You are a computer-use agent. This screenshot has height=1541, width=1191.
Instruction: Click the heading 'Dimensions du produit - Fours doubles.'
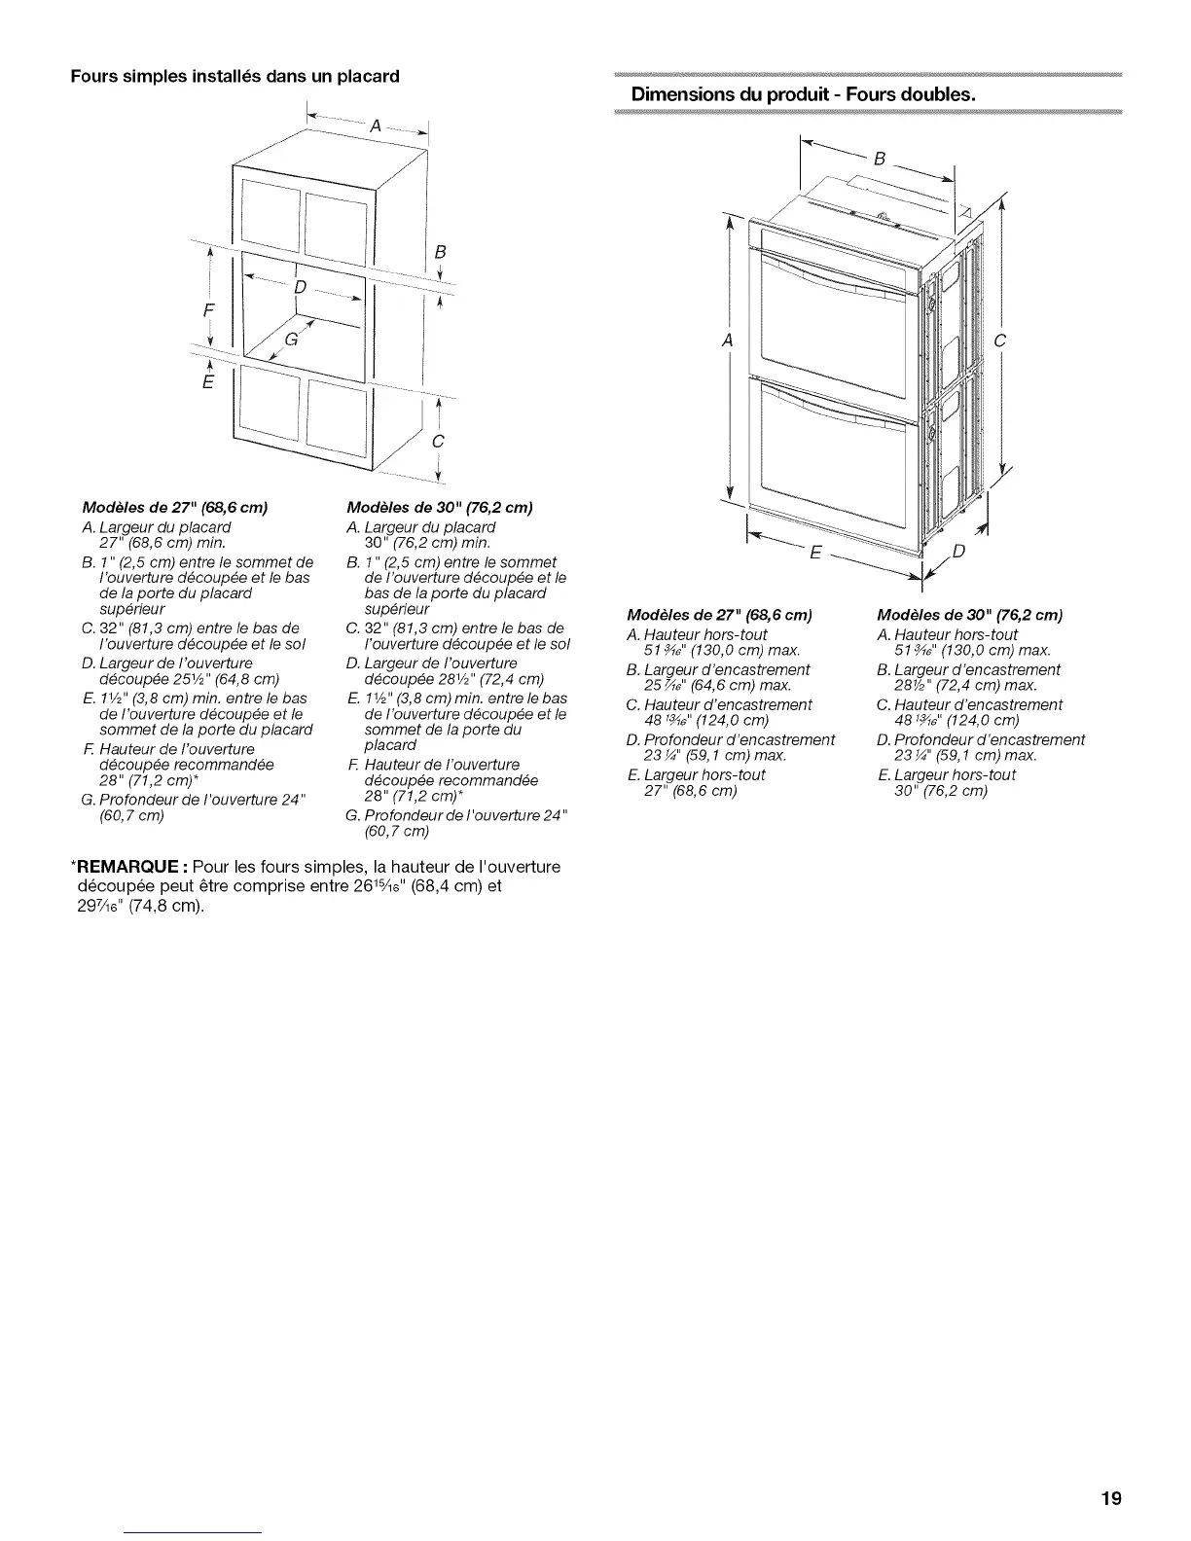803,95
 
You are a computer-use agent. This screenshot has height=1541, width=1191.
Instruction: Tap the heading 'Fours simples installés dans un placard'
235,75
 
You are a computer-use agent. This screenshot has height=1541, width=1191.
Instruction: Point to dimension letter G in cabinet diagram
291,340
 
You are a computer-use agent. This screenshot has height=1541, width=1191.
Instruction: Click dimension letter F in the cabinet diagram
206,309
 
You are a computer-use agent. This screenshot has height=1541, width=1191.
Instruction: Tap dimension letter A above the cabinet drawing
374,125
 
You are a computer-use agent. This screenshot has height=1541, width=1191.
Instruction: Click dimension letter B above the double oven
879,159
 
